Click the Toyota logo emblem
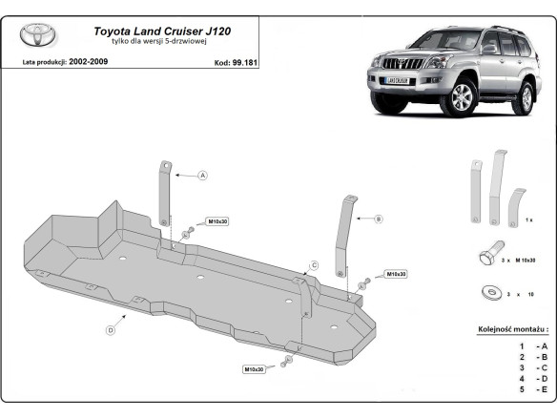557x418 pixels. (39, 36)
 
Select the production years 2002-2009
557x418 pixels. (91, 61)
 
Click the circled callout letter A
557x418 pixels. (202, 176)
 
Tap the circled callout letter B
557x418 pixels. (378, 219)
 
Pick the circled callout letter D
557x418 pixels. (111, 329)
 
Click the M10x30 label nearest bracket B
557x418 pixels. (396, 274)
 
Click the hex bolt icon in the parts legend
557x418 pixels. (485, 259)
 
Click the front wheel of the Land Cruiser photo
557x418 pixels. (462, 98)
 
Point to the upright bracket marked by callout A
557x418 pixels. (164, 200)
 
